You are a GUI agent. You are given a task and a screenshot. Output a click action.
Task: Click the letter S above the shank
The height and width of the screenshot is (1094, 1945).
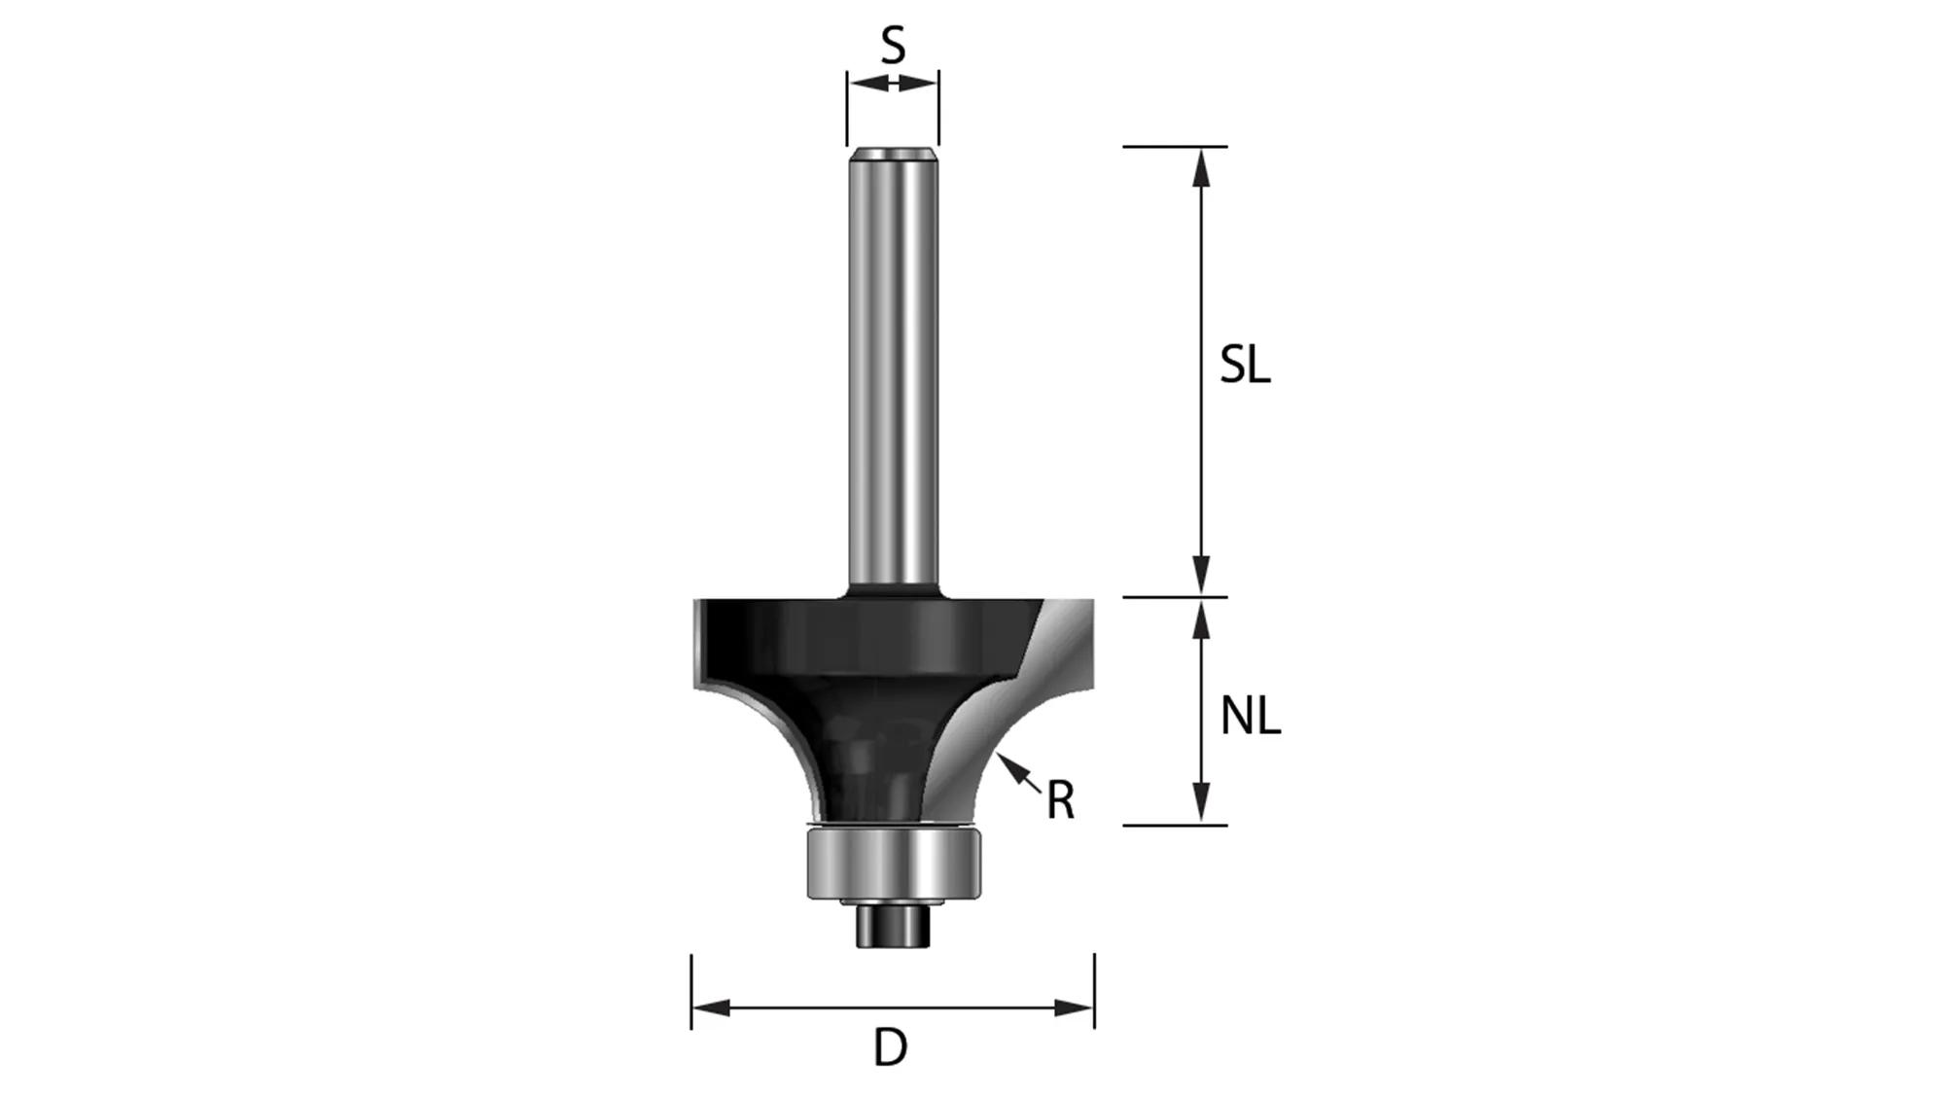pos(893,46)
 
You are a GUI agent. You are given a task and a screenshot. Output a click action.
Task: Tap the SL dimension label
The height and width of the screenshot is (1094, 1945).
pos(1245,366)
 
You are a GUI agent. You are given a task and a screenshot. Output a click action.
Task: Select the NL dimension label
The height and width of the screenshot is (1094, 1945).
pos(1250,718)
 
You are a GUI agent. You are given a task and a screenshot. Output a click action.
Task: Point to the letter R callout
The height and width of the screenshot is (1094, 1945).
pos(1060,801)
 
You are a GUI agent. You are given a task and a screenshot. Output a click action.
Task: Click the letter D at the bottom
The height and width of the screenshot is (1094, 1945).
pos(890,1048)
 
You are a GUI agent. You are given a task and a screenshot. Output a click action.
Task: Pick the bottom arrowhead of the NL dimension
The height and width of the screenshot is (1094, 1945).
pos(1202,806)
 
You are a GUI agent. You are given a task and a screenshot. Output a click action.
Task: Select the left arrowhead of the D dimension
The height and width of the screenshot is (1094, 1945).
pos(711,1007)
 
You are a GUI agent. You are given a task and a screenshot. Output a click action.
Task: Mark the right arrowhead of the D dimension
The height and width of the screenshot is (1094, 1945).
pos(1075,1007)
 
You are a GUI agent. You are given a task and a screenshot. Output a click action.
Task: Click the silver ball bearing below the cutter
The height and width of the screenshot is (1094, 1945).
pos(893,865)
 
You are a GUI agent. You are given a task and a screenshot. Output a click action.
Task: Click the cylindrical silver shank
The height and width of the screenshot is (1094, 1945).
pos(893,370)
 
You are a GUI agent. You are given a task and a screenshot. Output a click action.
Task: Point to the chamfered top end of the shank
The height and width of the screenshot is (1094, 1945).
pos(893,153)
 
